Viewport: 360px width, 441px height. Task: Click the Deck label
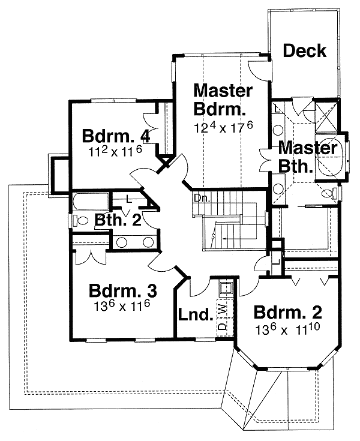[x=304, y=51]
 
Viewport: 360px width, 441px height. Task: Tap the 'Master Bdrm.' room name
[x=221, y=100]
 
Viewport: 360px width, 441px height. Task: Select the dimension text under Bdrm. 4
[x=114, y=152]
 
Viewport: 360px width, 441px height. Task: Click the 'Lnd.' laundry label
[x=196, y=314]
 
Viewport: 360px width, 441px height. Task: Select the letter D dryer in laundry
[x=221, y=327]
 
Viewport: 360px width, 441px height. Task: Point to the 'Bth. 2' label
[x=118, y=220]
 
